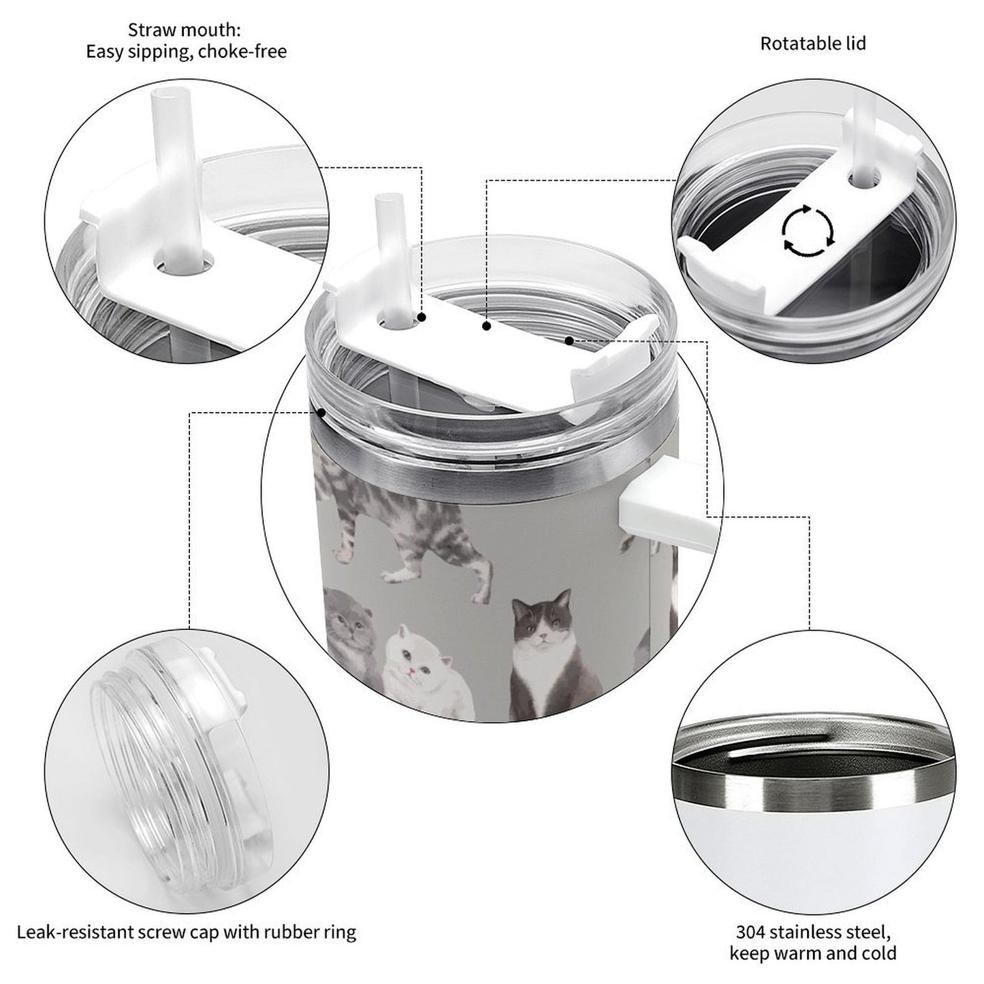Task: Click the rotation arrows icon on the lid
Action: point(807,231)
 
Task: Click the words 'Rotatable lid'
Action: point(812,44)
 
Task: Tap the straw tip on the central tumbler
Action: point(385,204)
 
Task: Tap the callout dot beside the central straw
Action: point(422,317)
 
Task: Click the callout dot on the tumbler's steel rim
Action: point(320,412)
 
